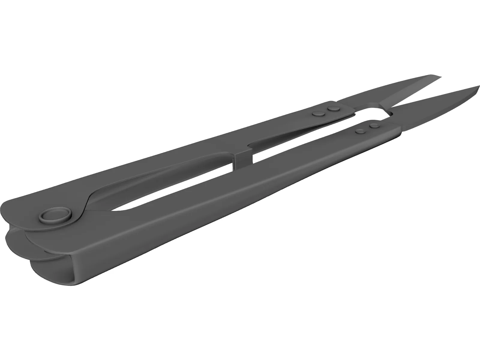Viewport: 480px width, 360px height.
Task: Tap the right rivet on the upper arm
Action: [x=332, y=108]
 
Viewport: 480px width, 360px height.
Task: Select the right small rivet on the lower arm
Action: [x=373, y=125]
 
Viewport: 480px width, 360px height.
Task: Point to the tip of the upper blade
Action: [x=442, y=76]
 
